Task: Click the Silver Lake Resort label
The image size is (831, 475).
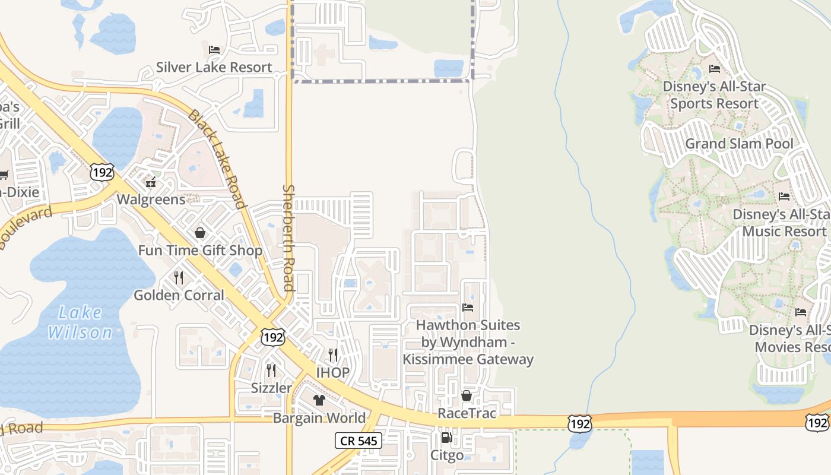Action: [214, 67]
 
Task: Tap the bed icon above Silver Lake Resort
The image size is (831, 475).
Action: [214, 49]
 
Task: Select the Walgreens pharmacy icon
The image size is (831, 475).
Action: [151, 181]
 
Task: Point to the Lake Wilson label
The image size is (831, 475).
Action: [80, 322]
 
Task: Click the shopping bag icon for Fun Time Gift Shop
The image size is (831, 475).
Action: [200, 233]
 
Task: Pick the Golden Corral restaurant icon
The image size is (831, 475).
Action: [179, 277]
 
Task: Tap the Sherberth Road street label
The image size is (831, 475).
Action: [288, 237]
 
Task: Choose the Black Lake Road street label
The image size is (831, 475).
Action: [217, 159]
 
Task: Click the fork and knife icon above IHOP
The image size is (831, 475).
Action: [333, 355]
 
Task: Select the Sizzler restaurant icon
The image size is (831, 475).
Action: [271, 370]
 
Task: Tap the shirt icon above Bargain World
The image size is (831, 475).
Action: [319, 400]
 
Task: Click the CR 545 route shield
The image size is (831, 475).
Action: [358, 441]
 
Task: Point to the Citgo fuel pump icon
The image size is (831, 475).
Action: [446, 438]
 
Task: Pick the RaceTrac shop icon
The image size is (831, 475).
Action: [467, 395]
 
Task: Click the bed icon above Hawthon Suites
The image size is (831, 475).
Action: [468, 308]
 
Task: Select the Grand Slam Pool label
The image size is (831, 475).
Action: [739, 144]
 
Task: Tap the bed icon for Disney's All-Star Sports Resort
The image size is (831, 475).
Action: [715, 69]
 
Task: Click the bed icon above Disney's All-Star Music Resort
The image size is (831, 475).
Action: [784, 196]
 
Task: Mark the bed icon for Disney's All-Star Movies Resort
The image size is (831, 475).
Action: [801, 312]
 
